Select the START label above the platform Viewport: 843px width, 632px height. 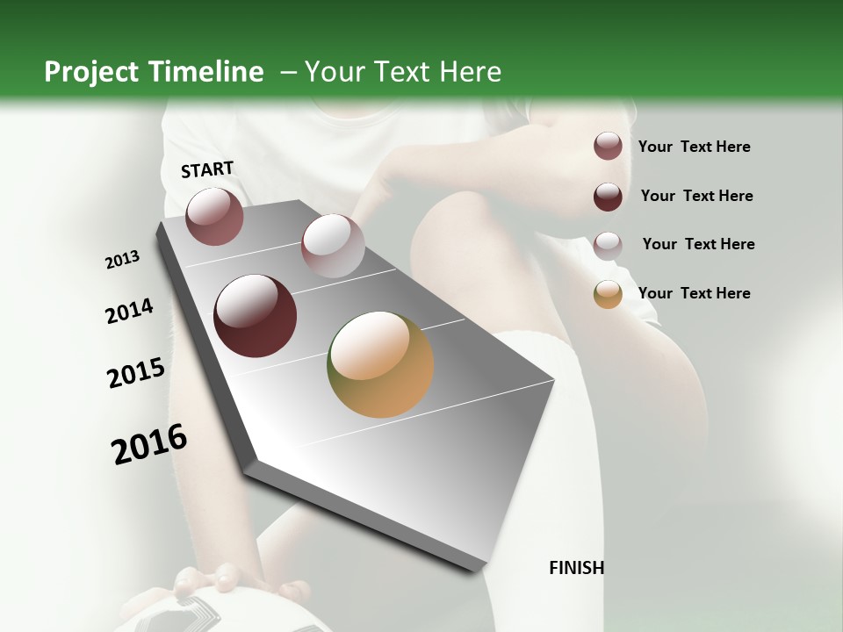tap(207, 169)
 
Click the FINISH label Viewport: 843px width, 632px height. tap(577, 568)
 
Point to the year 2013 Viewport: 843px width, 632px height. tap(123, 260)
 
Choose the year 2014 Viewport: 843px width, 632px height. tap(129, 312)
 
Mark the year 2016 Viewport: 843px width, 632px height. tap(149, 444)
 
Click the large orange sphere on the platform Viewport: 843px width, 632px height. tap(380, 364)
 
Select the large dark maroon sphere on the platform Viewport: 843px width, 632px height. tap(256, 316)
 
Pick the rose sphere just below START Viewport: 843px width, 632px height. tap(214, 216)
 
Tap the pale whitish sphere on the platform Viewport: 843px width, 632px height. tap(333, 245)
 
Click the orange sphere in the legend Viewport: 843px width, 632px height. tap(608, 294)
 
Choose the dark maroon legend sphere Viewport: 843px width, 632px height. tap(608, 197)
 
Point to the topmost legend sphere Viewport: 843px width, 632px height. tap(608, 146)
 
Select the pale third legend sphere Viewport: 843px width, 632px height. tap(608, 245)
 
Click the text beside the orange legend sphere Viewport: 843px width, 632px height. tap(694, 293)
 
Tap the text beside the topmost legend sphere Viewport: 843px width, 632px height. tap(694, 147)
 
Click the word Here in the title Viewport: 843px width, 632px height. tap(470, 72)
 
